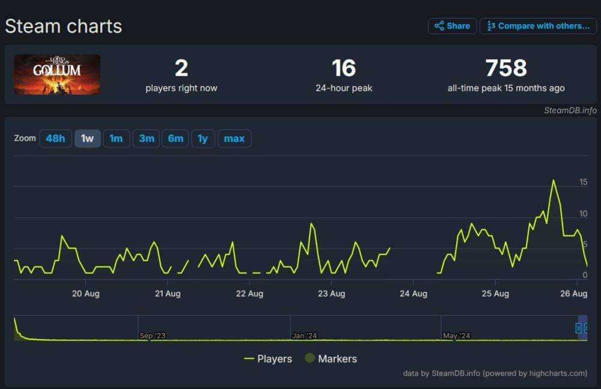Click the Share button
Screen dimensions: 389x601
click(x=452, y=26)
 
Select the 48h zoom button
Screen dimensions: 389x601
click(x=55, y=139)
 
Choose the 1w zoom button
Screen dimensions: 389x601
click(x=87, y=139)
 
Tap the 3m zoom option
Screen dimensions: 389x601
click(x=147, y=139)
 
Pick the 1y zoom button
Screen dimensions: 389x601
click(x=203, y=139)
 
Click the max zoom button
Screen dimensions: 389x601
click(x=234, y=139)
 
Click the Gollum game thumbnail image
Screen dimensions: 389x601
click(x=57, y=74)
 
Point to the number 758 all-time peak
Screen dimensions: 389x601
click(x=506, y=68)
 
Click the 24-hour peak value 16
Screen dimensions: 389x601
click(x=344, y=68)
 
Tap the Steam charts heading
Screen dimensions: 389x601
click(x=64, y=26)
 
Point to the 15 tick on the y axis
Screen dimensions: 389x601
click(x=583, y=182)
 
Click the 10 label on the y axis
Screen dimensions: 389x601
click(x=583, y=214)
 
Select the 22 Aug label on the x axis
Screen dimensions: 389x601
click(x=249, y=294)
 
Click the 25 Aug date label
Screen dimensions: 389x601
click(x=495, y=294)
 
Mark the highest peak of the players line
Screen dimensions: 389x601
click(x=553, y=180)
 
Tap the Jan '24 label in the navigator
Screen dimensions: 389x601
click(x=305, y=336)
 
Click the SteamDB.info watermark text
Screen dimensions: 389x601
click(x=570, y=110)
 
